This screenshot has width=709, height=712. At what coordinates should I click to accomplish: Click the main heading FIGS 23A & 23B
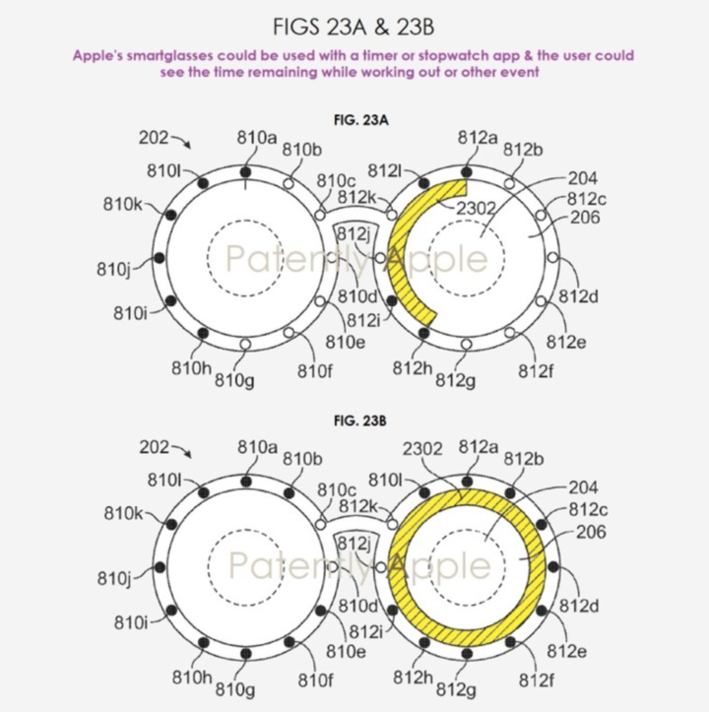point(354,27)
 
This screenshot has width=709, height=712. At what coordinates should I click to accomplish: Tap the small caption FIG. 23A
point(361,120)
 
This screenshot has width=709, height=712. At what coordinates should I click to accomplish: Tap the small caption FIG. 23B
point(360,421)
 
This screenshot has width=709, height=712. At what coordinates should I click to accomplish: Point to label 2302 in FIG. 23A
point(475,208)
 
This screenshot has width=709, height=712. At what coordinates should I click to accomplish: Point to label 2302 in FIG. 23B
point(422,449)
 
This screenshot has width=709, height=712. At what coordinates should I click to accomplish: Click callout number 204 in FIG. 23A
point(583,178)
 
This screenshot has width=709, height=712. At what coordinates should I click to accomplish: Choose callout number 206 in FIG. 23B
point(591,532)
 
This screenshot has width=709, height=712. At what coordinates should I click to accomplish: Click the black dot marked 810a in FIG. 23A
point(245,172)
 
